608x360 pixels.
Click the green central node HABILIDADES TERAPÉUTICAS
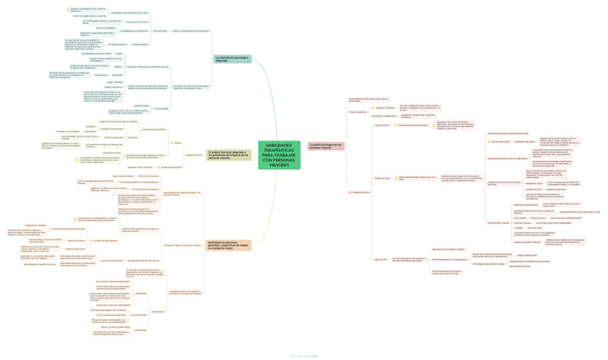click(x=279, y=156)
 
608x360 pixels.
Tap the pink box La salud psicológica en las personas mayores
click(x=325, y=146)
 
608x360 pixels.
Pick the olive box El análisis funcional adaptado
click(x=229, y=155)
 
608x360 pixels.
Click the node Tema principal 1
click(x=160, y=31)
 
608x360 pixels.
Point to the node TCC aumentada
click(x=161, y=108)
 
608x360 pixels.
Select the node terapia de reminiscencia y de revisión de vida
click(x=153, y=67)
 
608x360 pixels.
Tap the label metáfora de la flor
click(x=361, y=192)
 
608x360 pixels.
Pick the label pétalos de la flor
click(x=382, y=178)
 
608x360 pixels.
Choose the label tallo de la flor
click(x=381, y=260)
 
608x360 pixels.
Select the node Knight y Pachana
click(x=115, y=82)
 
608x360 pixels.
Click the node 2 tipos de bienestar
click(x=357, y=112)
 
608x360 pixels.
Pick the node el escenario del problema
click(x=155, y=130)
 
